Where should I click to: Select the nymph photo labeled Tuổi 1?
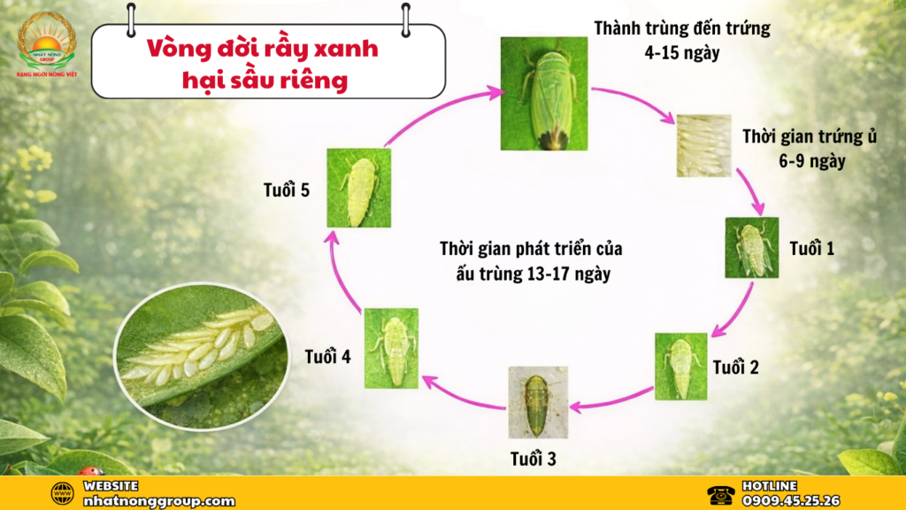pyautogui.click(x=752, y=248)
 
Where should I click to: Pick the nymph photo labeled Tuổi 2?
pyautogui.click(x=681, y=366)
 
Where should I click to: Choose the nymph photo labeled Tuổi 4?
pyautogui.click(x=390, y=348)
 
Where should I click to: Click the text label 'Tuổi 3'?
pyautogui.click(x=533, y=459)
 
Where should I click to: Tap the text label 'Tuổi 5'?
pyautogui.click(x=286, y=189)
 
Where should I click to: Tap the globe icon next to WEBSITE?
pyautogui.click(x=62, y=493)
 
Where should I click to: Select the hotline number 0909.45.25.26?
pyautogui.click(x=791, y=500)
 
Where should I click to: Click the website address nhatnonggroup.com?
pyautogui.click(x=158, y=500)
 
